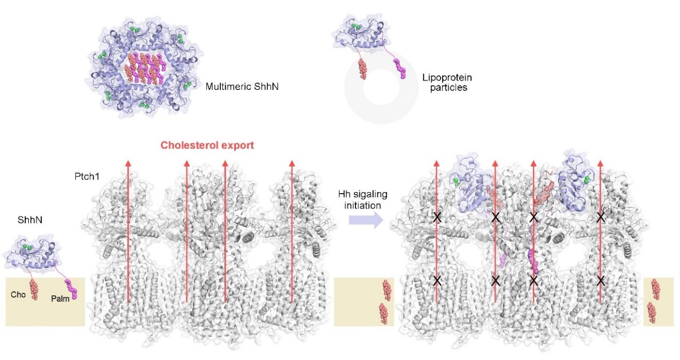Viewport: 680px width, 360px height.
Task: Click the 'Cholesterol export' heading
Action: pyautogui.click(x=207, y=145)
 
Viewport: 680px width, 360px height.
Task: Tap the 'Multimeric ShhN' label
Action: pyautogui.click(x=242, y=87)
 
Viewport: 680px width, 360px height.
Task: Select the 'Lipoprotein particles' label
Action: pyautogui.click(x=447, y=82)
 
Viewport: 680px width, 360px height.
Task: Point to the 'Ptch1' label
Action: pyautogui.click(x=87, y=176)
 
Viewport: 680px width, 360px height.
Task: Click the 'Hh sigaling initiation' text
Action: pyautogui.click(x=363, y=200)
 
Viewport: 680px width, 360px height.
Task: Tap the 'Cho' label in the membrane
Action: pyautogui.click(x=18, y=294)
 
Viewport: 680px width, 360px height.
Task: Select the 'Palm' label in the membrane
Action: pyautogui.click(x=60, y=298)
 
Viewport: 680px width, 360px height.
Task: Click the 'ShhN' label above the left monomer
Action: pyautogui.click(x=30, y=220)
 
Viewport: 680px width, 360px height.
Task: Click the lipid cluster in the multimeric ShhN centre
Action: pyautogui.click(x=146, y=68)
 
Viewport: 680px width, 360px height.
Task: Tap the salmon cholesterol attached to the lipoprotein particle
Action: pyautogui.click(x=362, y=69)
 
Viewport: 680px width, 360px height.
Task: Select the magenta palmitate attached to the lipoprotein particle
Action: pyautogui.click(x=400, y=69)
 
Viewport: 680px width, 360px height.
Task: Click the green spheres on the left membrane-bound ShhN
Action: pyautogui.click(x=28, y=247)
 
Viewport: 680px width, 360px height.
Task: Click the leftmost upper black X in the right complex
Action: pyautogui.click(x=437, y=217)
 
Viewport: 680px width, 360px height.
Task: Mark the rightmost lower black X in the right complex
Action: pyautogui.click(x=600, y=281)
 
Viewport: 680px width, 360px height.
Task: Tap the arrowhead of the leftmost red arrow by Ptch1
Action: pyautogui.click(x=128, y=163)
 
